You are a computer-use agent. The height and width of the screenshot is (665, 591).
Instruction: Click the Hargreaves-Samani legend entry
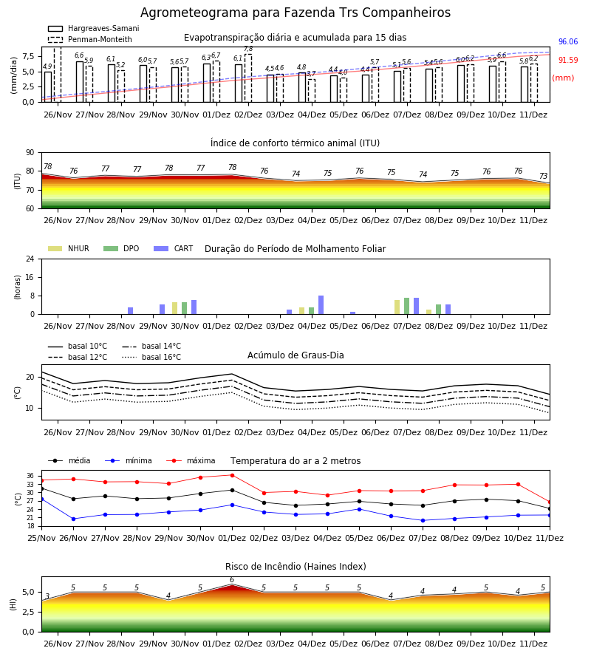click(x=94, y=28)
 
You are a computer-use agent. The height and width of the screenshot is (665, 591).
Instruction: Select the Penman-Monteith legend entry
click(x=90, y=39)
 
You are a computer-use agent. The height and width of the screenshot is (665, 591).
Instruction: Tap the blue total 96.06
click(x=568, y=41)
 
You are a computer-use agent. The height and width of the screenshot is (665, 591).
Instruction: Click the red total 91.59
click(x=568, y=61)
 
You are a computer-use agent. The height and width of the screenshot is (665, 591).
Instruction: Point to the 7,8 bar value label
click(x=248, y=50)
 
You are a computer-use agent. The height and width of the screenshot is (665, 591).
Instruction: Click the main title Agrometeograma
click(x=295, y=13)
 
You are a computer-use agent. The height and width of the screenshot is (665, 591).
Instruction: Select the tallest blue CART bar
click(x=321, y=305)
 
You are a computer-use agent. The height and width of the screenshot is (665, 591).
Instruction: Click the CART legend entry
click(x=174, y=248)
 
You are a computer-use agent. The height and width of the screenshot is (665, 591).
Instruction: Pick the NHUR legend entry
click(x=69, y=248)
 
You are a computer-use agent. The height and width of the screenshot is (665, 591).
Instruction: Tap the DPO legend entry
click(x=121, y=248)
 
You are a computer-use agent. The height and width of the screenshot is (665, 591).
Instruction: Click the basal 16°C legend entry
click(x=151, y=357)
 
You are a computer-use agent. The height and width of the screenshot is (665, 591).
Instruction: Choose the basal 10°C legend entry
click(x=78, y=346)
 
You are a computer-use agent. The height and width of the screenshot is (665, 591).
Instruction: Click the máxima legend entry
click(x=191, y=460)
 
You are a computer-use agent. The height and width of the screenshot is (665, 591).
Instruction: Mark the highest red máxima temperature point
click(x=232, y=475)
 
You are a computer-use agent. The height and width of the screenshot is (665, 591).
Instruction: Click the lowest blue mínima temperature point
click(x=423, y=520)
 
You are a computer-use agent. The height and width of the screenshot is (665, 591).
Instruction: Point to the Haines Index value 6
click(x=232, y=580)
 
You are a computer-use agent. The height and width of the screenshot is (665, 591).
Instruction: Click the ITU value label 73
click(x=544, y=176)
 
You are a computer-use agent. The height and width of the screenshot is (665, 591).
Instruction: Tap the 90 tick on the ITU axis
click(x=30, y=153)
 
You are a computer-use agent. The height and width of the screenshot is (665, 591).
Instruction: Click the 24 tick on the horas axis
click(x=30, y=259)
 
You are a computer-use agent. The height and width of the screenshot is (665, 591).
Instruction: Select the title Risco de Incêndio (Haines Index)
click(x=295, y=567)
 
